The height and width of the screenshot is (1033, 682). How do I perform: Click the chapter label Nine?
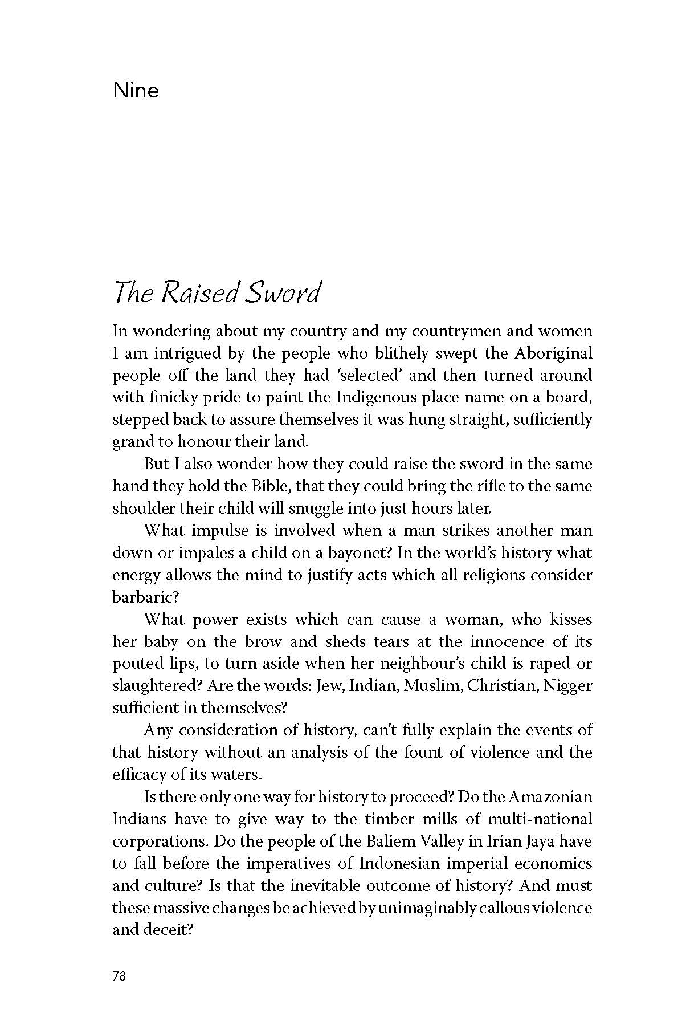(136, 91)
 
